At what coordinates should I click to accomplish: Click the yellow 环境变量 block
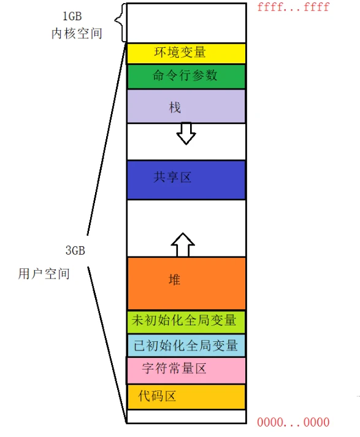click(186, 53)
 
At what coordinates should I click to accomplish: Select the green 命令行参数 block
click(186, 77)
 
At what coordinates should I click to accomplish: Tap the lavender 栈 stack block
click(186, 106)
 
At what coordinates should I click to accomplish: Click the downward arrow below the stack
click(186, 133)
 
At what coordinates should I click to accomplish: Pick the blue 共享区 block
click(186, 180)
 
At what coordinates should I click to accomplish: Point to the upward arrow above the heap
click(183, 244)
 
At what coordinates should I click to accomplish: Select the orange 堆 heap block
click(186, 283)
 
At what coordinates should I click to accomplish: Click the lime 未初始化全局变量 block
click(186, 322)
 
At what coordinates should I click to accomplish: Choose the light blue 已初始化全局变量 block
click(186, 346)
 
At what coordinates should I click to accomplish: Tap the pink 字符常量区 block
click(186, 370)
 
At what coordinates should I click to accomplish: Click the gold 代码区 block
click(186, 397)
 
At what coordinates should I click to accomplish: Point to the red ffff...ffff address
click(293, 7)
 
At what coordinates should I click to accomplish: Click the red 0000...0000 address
click(293, 422)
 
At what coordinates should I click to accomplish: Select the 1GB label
click(72, 16)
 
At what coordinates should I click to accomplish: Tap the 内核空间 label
click(77, 33)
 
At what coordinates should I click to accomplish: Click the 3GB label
click(75, 250)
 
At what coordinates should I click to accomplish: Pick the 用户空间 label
click(44, 274)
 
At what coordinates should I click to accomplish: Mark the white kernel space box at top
click(186, 23)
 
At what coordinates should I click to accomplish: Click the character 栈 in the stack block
click(175, 107)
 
